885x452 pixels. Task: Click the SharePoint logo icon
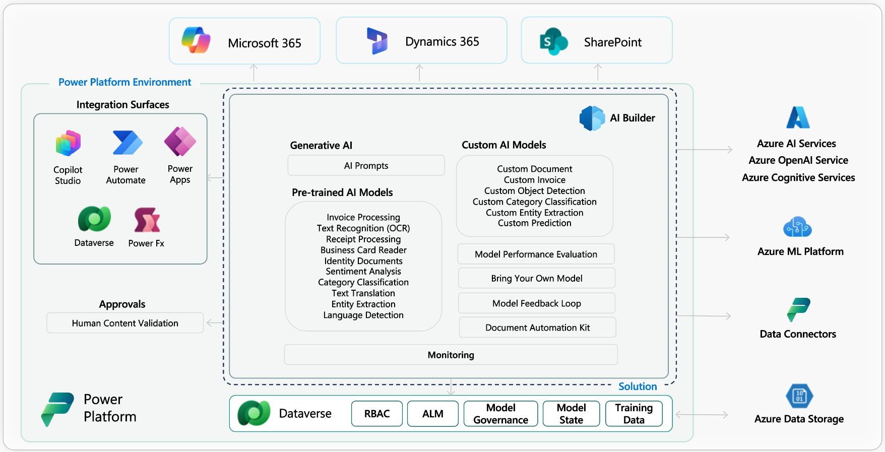pos(553,42)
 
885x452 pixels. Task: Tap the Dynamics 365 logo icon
pos(377,41)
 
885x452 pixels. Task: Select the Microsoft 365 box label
pos(264,43)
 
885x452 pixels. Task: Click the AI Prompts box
pos(366,166)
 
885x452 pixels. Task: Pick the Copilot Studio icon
pos(68,143)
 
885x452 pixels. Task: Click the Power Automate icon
pos(127,143)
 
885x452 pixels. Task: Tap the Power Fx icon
pos(147,220)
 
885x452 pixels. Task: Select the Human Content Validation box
pos(125,323)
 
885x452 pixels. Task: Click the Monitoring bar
pos(451,355)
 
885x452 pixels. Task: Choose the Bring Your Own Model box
pos(536,278)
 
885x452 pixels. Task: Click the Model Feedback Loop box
pos(536,303)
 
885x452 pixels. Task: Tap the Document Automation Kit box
pos(537,328)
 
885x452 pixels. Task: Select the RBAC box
pos(377,414)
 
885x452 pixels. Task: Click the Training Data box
pos(634,414)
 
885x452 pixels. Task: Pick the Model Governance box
pos(500,414)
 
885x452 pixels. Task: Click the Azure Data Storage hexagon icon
pos(799,396)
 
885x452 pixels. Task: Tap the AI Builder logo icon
pos(592,118)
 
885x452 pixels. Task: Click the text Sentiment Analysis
pos(363,271)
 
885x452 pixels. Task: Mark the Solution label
pos(638,386)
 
